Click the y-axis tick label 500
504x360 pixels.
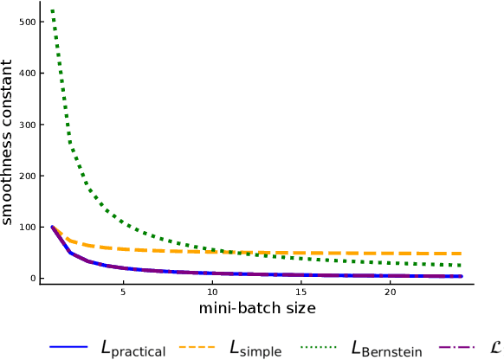[x=26, y=22]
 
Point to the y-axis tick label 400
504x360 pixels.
[x=26, y=73]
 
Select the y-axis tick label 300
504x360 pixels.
[x=26, y=125]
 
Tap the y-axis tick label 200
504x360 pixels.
[x=26, y=176]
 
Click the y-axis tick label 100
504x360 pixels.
[x=26, y=227]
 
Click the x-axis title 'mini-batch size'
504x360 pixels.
[x=258, y=309]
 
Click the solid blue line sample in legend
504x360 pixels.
[x=69, y=346]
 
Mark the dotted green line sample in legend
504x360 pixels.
[x=319, y=346]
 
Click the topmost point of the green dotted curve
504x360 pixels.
[x=53, y=10]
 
